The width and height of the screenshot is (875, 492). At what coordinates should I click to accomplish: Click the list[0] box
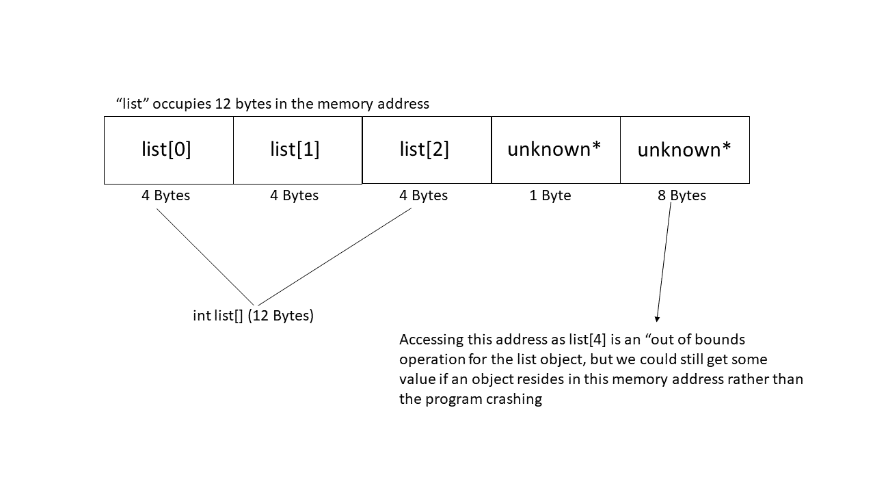[x=168, y=150]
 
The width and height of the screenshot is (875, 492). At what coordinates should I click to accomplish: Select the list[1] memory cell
[x=297, y=150]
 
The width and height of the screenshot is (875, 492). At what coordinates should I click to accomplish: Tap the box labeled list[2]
[x=426, y=150]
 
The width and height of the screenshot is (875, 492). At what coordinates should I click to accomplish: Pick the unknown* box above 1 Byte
[x=555, y=150]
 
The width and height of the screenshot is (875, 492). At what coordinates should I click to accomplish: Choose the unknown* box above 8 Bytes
[x=684, y=150]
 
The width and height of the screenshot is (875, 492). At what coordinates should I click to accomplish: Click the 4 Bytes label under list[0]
[x=165, y=195]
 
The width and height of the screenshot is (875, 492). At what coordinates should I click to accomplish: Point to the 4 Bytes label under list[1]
[x=294, y=195]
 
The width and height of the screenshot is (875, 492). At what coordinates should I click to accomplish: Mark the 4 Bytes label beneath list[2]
[x=423, y=195]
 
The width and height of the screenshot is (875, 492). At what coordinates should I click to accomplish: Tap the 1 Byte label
[x=550, y=195]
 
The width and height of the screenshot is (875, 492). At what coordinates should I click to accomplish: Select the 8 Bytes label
[x=682, y=195]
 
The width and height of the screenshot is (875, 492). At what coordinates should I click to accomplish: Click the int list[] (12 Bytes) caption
[x=253, y=316]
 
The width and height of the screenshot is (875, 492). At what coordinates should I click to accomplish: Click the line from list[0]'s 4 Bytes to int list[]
[x=205, y=257]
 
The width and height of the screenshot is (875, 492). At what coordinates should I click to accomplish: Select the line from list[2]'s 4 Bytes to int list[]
[x=335, y=257]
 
